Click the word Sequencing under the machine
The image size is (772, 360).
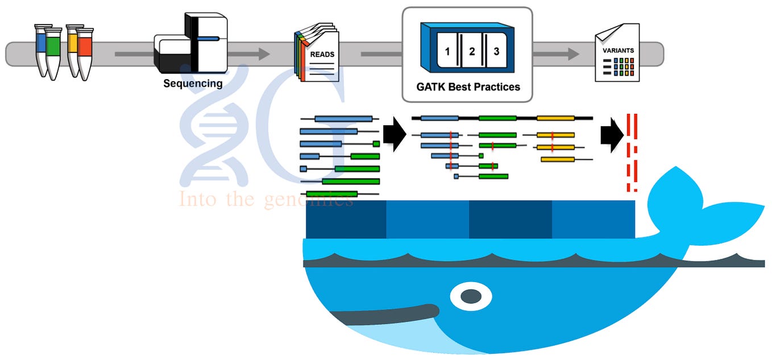(193, 84)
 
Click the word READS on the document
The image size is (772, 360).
(322, 55)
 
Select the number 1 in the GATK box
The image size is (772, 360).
(447, 52)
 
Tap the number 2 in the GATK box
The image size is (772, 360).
(471, 52)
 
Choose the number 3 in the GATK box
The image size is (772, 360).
(496, 52)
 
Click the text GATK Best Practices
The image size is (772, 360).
(468, 87)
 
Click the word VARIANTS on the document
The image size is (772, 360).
(618, 50)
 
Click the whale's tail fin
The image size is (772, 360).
(705, 205)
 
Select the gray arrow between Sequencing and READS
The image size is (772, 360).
(248, 54)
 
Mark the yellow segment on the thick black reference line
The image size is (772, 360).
(555, 118)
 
